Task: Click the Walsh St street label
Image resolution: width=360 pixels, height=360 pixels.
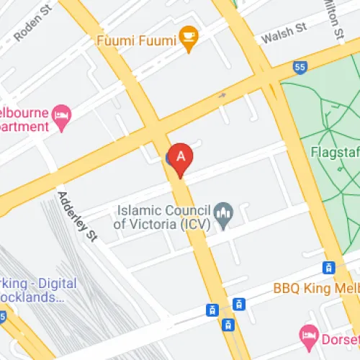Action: coord(284,32)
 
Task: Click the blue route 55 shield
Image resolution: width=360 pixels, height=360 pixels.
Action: coord(300,67)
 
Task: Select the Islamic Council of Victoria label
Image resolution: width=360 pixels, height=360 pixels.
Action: coord(164,216)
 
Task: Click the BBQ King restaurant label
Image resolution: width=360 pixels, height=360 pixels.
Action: coord(315,289)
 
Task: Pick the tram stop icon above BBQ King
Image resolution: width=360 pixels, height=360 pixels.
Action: coord(329,268)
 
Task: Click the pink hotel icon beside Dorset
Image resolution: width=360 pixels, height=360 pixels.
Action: coord(309,333)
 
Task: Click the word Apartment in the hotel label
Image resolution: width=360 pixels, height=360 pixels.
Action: coord(24,127)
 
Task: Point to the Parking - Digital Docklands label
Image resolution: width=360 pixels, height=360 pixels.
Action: coord(36,289)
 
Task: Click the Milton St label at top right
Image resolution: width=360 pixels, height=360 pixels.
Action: coord(334,17)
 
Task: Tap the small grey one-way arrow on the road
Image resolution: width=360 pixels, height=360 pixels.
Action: coord(222,94)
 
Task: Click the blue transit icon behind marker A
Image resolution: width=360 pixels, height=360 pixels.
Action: coord(171,156)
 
